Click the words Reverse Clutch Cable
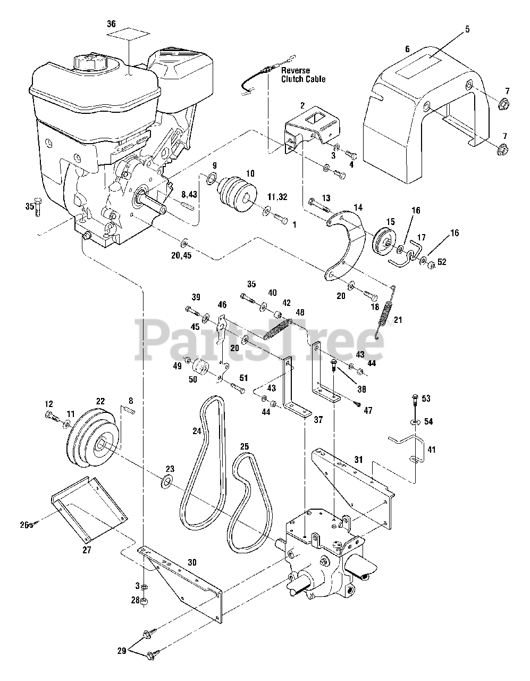pyautogui.click(x=303, y=75)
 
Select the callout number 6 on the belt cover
pyautogui.click(x=407, y=49)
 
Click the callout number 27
pyautogui.click(x=87, y=550)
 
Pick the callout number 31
pyautogui.click(x=358, y=460)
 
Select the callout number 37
pyautogui.click(x=318, y=419)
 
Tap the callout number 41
pyautogui.click(x=431, y=450)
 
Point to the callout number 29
pyautogui.click(x=121, y=651)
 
